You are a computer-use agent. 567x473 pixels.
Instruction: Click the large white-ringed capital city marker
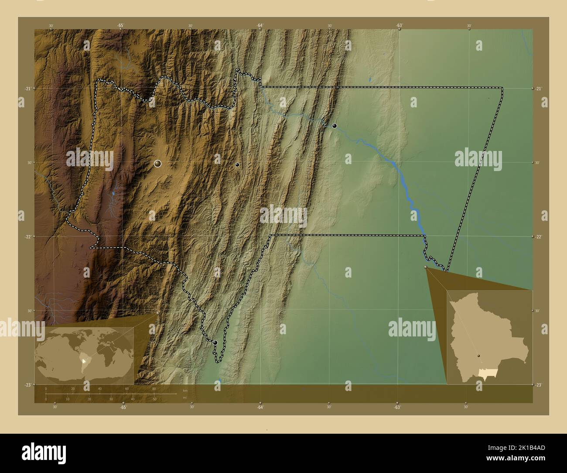(x=157, y=164)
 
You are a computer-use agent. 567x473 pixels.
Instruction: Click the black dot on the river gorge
(x=335, y=126)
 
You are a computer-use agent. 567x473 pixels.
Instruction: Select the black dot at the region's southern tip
(x=215, y=343)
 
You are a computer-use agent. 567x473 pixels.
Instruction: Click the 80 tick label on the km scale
(x=154, y=388)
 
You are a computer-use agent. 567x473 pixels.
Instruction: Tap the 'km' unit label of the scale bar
(x=185, y=390)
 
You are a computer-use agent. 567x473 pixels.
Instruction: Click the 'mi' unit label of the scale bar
(x=185, y=397)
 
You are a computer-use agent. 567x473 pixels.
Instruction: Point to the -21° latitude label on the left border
(x=27, y=89)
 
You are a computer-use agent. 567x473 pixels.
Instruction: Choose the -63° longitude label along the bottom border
(x=397, y=407)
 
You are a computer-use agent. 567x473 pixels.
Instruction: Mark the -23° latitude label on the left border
(x=27, y=384)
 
